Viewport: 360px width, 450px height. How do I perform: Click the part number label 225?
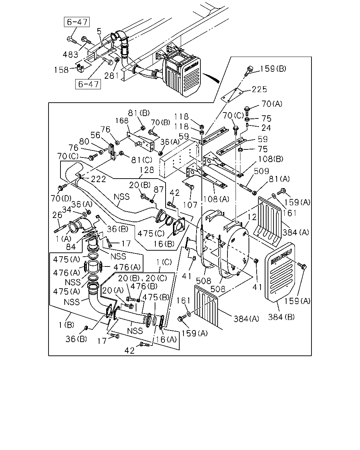[259, 89]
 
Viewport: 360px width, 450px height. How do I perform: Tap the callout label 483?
[71, 54]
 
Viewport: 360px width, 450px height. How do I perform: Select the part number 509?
[262, 171]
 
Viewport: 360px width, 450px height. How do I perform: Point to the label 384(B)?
[281, 317]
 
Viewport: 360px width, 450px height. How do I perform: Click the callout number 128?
[147, 170]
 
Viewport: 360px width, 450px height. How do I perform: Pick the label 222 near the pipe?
[98, 179]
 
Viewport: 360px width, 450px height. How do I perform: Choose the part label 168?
[122, 121]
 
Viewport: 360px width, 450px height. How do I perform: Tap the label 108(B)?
[270, 159]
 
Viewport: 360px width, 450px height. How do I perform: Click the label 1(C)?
[164, 262]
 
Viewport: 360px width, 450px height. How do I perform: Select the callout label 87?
[159, 189]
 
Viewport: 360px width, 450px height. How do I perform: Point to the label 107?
[190, 205]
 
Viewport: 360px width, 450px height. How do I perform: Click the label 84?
[71, 247]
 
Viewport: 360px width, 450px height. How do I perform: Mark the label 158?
[61, 70]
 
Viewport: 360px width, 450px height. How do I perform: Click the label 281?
[112, 76]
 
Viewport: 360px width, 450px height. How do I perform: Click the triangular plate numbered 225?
[232, 95]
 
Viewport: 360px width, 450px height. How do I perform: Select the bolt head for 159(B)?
[250, 68]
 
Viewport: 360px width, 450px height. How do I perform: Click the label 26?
[57, 215]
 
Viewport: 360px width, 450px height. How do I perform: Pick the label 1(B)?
[66, 325]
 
